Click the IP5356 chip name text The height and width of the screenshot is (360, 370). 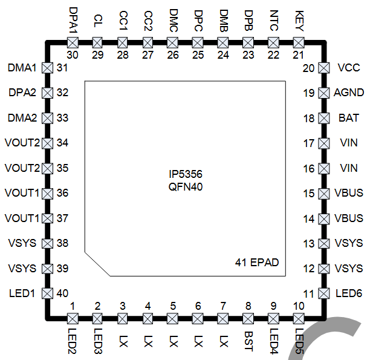186,174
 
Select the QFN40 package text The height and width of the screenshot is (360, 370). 186,187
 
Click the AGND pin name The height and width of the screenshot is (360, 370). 349,93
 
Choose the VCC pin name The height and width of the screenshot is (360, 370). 348,68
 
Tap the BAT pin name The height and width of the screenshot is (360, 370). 348,118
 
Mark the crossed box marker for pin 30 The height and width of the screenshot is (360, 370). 73,42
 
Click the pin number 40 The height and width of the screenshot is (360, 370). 62,293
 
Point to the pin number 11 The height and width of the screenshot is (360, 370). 309,293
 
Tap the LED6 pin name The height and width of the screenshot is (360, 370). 349,293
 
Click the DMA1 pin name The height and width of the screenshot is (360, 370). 22,68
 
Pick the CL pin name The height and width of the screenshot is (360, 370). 98,21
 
